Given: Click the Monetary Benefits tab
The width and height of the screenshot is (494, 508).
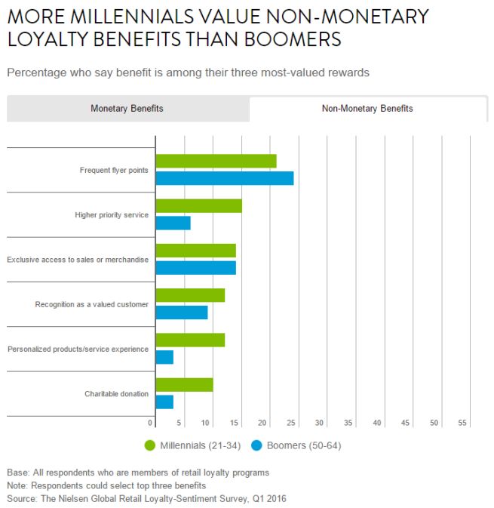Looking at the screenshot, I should pyautogui.click(x=127, y=109).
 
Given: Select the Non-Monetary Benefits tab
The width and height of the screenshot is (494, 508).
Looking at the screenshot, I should pyautogui.click(x=367, y=109).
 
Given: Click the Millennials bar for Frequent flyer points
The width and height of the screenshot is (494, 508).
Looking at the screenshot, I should pyautogui.click(x=216, y=161).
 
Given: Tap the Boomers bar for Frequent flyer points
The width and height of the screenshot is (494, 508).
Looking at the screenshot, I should pyautogui.click(x=224, y=178).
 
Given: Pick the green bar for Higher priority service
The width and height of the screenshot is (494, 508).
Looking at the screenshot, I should pyautogui.click(x=198, y=206).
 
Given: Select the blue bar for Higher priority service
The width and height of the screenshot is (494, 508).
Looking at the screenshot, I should pyautogui.click(x=173, y=223).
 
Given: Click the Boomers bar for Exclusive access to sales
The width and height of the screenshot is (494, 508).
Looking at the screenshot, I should pyautogui.click(x=195, y=267).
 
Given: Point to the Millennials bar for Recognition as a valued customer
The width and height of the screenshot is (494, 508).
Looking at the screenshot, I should pyautogui.click(x=190, y=295).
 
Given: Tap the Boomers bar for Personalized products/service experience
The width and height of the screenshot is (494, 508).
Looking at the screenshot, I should pyautogui.click(x=164, y=357).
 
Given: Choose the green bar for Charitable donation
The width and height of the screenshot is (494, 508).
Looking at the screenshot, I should pyautogui.click(x=184, y=385).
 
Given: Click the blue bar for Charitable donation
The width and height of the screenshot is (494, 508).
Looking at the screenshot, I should pyautogui.click(x=164, y=402).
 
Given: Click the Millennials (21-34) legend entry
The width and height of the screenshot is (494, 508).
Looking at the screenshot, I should pyautogui.click(x=192, y=445).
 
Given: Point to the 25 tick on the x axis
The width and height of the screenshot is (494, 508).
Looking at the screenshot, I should pyautogui.click(x=292, y=423).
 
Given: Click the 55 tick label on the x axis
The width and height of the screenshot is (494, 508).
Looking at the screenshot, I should pyautogui.click(x=463, y=423).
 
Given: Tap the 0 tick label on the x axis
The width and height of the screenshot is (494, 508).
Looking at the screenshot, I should pyautogui.click(x=151, y=423).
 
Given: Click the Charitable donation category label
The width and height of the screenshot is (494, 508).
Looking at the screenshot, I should pyautogui.click(x=117, y=394).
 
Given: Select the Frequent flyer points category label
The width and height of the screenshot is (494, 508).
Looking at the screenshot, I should pyautogui.click(x=114, y=170).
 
